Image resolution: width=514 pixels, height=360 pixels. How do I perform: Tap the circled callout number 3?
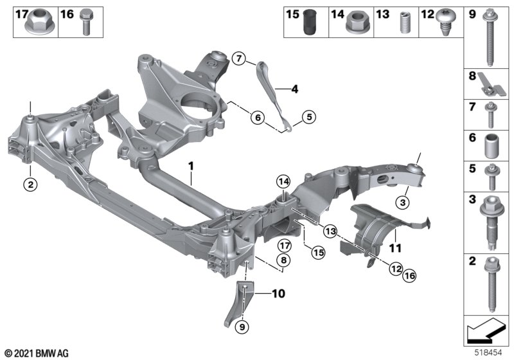click(x=403, y=203)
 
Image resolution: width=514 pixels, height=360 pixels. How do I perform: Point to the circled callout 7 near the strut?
click(x=239, y=59)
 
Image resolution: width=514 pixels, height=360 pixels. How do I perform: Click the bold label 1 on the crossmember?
click(x=191, y=166)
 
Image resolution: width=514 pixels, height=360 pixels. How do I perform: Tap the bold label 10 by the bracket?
click(x=278, y=295)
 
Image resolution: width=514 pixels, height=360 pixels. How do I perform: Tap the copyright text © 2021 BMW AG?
click(x=37, y=353)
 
